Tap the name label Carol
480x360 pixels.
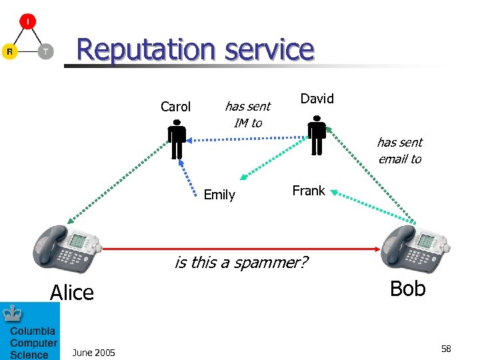tap(175, 107)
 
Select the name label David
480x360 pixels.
tap(317, 99)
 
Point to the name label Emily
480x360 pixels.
tap(219, 195)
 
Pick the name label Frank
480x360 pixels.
tap(309, 191)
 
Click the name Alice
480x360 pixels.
tap(72, 293)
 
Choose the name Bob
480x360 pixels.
tap(407, 288)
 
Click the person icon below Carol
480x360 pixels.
tap(177, 139)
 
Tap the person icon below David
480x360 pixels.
tap(317, 135)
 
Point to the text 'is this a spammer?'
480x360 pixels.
tap(241, 262)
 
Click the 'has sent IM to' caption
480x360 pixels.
tap(247, 114)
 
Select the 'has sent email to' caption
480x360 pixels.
tap(399, 150)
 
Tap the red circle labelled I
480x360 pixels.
tap(27, 21)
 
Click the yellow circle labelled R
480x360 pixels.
tap(9, 51)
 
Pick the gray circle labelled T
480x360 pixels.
tap(45, 51)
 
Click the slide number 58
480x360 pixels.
tap(446, 349)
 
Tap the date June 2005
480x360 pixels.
tap(93, 352)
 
